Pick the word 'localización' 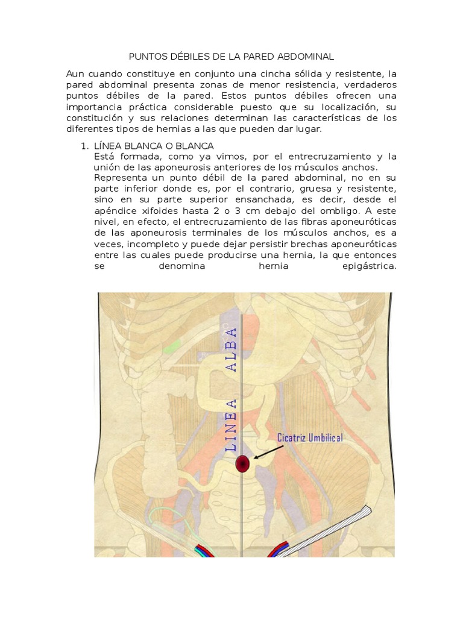[x=339, y=107]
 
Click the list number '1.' [x=85, y=146]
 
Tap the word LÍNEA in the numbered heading [x=109, y=146]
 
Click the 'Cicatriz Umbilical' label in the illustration [x=310, y=438]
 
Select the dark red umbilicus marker [x=242, y=463]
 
